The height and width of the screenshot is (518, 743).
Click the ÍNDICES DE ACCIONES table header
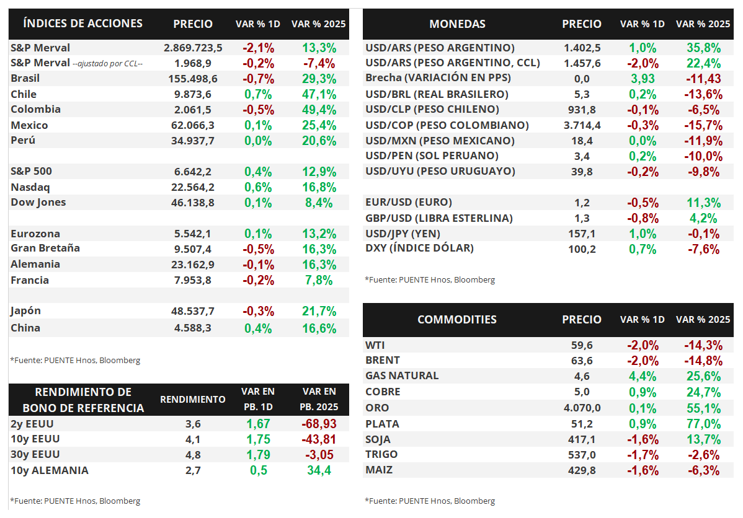[82, 24]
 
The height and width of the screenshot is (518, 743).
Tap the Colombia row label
[35, 109]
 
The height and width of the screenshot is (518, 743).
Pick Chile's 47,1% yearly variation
[319, 94]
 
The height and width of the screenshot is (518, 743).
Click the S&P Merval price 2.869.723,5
[193, 48]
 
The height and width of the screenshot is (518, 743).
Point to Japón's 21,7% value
[319, 311]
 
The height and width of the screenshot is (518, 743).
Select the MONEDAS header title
[457, 24]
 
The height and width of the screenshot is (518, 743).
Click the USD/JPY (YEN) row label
[409, 233]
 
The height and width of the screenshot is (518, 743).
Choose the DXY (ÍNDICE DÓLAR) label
[419, 248]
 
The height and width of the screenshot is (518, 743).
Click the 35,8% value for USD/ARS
[703, 48]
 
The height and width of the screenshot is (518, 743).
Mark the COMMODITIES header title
[457, 320]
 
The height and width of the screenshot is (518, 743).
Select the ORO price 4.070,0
[582, 408]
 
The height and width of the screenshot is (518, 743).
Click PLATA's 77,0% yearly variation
[703, 424]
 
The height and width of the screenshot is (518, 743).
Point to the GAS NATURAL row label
[402, 375]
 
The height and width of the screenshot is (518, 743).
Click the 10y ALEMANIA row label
[50, 470]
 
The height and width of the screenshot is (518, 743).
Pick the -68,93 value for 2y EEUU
[319, 424]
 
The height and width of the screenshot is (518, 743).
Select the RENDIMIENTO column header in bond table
[193, 400]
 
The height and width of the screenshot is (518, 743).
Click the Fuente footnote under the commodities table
[430, 501]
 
